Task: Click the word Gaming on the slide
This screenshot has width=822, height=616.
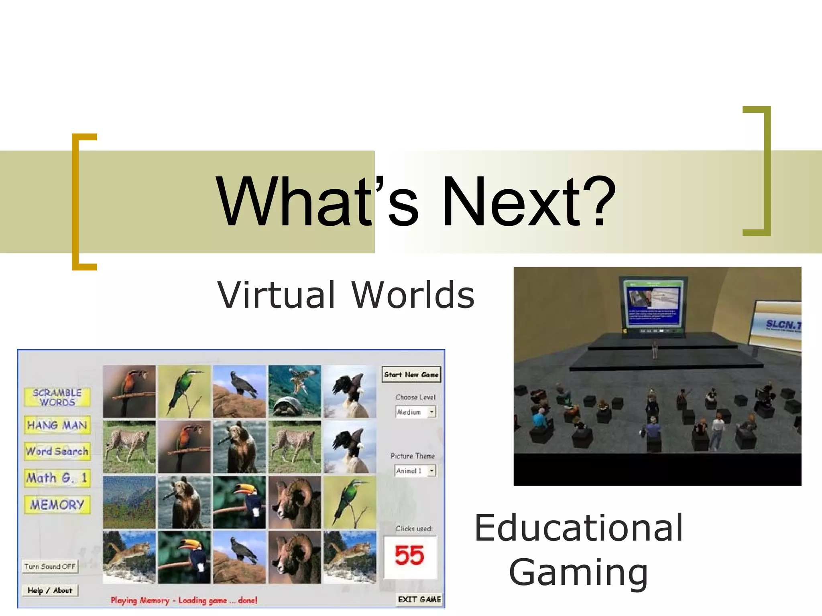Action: pyautogui.click(x=578, y=572)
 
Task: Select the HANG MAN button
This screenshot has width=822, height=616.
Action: pyautogui.click(x=57, y=425)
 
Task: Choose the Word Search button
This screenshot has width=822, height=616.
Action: pyautogui.click(x=57, y=451)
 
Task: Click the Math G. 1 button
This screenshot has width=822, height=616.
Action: pyautogui.click(x=57, y=478)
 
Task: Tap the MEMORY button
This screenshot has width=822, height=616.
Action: pyautogui.click(x=57, y=505)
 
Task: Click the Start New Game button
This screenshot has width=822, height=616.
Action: pyautogui.click(x=411, y=375)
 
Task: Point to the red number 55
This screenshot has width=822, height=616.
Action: pyautogui.click(x=409, y=556)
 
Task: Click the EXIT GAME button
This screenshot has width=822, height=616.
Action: pyautogui.click(x=419, y=600)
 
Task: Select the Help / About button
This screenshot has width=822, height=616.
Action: pyautogui.click(x=50, y=590)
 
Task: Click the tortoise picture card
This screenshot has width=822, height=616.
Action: pyautogui.click(x=295, y=391)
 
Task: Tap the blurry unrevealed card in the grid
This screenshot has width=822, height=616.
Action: pyautogui.click(x=129, y=502)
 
